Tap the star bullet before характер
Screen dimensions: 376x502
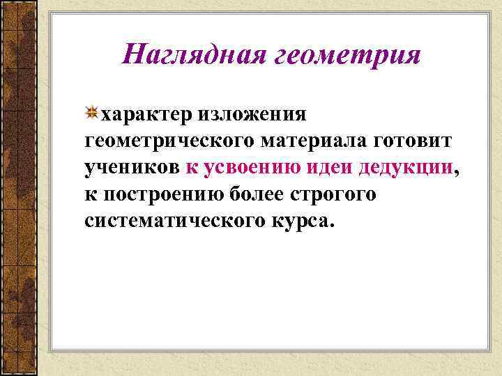(92, 112)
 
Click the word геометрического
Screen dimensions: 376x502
(170, 141)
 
